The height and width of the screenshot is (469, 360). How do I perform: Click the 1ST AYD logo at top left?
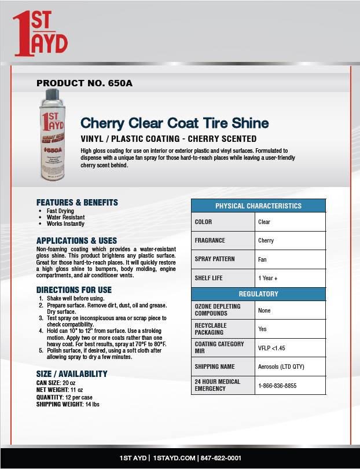point(41,35)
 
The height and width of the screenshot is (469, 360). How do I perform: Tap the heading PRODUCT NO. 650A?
point(85,83)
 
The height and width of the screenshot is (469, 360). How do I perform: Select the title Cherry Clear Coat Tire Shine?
point(174,123)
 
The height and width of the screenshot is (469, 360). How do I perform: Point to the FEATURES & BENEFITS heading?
point(77,203)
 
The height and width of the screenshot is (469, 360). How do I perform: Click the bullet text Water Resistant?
point(65,218)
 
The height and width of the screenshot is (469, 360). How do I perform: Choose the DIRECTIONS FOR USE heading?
point(74,290)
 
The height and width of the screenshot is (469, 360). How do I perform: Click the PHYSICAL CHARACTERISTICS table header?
point(258,206)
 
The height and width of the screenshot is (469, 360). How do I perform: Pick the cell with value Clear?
point(264,222)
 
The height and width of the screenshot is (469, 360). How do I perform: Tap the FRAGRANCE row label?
point(210,240)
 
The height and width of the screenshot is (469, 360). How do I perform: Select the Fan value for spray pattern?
point(262,259)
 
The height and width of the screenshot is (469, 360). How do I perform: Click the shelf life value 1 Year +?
point(267,278)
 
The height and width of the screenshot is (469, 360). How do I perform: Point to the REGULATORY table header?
point(258,294)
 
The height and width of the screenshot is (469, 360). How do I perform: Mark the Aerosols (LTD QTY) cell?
point(281,367)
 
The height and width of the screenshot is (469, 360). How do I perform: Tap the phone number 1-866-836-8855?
point(278,385)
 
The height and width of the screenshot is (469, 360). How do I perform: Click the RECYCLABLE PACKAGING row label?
point(211,329)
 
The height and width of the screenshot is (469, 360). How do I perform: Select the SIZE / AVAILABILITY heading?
point(72,373)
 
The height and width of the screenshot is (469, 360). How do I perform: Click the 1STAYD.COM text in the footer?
point(174,458)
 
